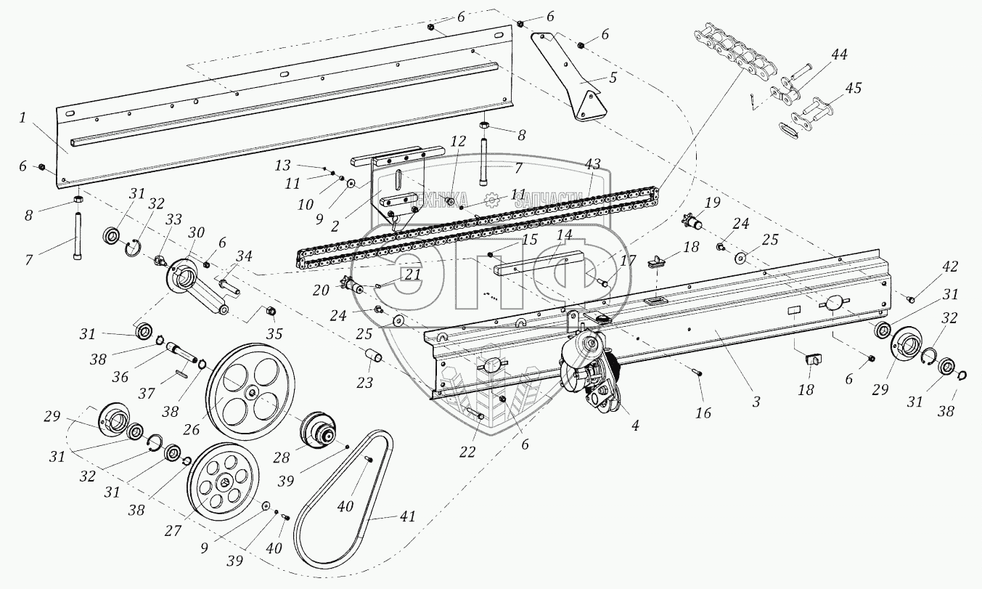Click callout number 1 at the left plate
pos(23,118)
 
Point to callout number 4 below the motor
pos(635,426)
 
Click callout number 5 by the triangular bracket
pos(613,78)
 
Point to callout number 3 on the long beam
pos(756,401)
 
